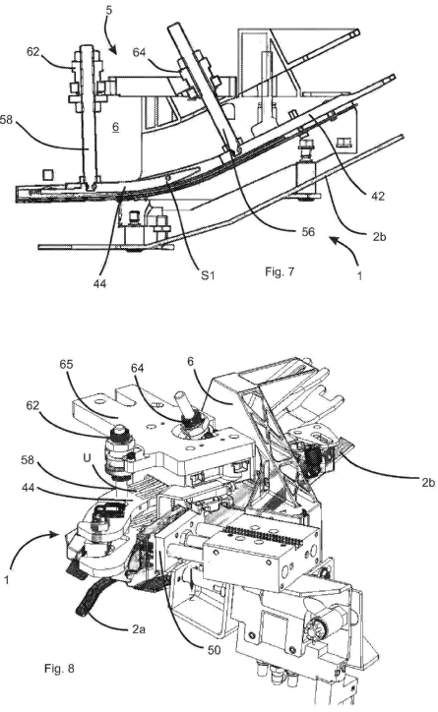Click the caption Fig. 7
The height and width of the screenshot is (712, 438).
(x=280, y=271)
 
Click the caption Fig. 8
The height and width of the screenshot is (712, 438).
(x=59, y=669)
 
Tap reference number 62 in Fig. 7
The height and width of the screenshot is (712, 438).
(x=33, y=52)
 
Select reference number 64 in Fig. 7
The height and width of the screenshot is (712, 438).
(x=139, y=53)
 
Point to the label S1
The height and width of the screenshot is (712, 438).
(x=208, y=274)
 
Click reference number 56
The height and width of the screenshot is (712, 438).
(x=308, y=232)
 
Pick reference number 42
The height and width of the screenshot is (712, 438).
(x=378, y=197)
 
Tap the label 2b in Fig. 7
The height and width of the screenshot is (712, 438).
(x=378, y=236)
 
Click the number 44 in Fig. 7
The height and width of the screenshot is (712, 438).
(x=99, y=284)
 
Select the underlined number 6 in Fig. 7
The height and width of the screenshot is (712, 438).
(x=116, y=127)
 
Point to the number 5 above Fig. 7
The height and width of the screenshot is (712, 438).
(x=108, y=10)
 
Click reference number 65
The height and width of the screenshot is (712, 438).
(x=66, y=364)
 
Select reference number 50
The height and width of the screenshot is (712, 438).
(x=214, y=650)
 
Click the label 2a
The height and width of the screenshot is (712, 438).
(x=139, y=629)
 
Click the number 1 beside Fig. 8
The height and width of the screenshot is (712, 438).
(x=6, y=580)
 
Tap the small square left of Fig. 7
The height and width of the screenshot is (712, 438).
(x=48, y=174)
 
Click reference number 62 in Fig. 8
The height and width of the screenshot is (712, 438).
(x=33, y=405)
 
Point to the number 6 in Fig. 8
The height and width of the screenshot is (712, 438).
(x=190, y=362)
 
